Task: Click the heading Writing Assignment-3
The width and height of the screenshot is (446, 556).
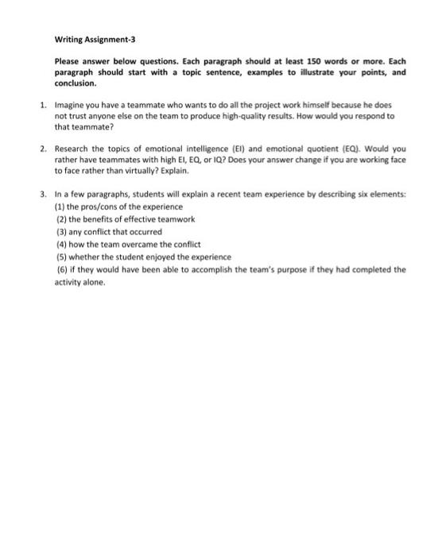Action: click(x=91, y=38)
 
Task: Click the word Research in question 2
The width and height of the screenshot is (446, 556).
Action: click(x=72, y=148)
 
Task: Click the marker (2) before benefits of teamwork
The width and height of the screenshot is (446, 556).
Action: click(x=60, y=218)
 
